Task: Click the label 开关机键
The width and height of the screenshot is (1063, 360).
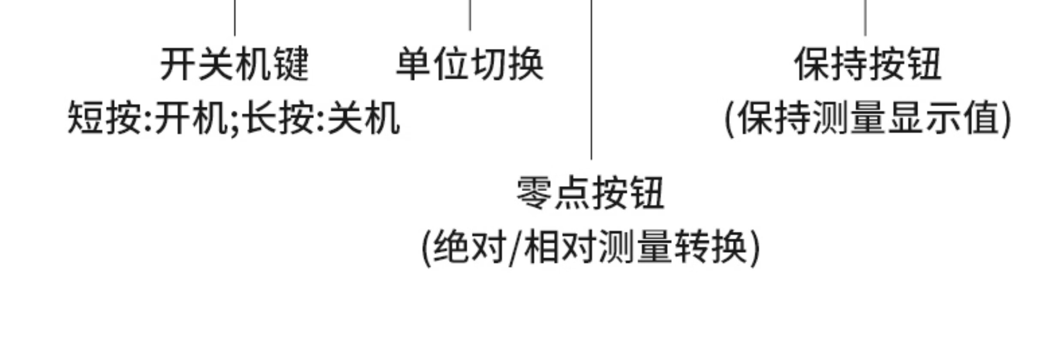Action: tap(234, 64)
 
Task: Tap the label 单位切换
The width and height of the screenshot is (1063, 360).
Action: tap(470, 64)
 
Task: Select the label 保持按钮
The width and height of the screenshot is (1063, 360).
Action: tap(868, 64)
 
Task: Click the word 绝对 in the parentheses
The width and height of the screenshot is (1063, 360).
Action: tap(469, 248)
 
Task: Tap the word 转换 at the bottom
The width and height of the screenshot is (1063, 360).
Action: tap(712, 248)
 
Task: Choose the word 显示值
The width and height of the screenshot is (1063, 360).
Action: tap(945, 118)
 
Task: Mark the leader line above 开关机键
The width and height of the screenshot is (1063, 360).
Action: tap(235, 17)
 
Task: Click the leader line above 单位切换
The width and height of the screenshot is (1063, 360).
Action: tap(470, 15)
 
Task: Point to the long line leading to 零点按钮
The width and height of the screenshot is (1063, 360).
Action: tap(592, 86)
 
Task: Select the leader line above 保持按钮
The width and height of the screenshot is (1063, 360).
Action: tap(865, 17)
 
